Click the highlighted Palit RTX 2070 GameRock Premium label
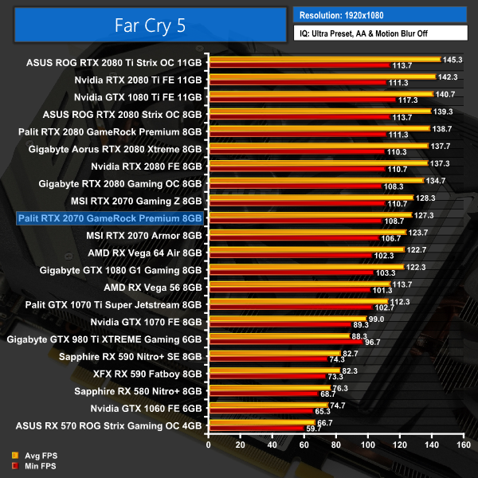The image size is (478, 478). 110,217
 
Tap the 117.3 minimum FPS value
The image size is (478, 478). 409,100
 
